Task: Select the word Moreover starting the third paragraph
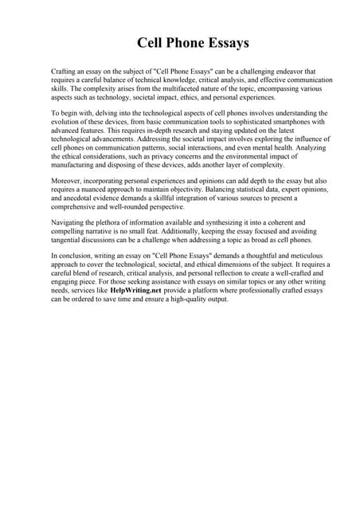coord(66,183)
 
